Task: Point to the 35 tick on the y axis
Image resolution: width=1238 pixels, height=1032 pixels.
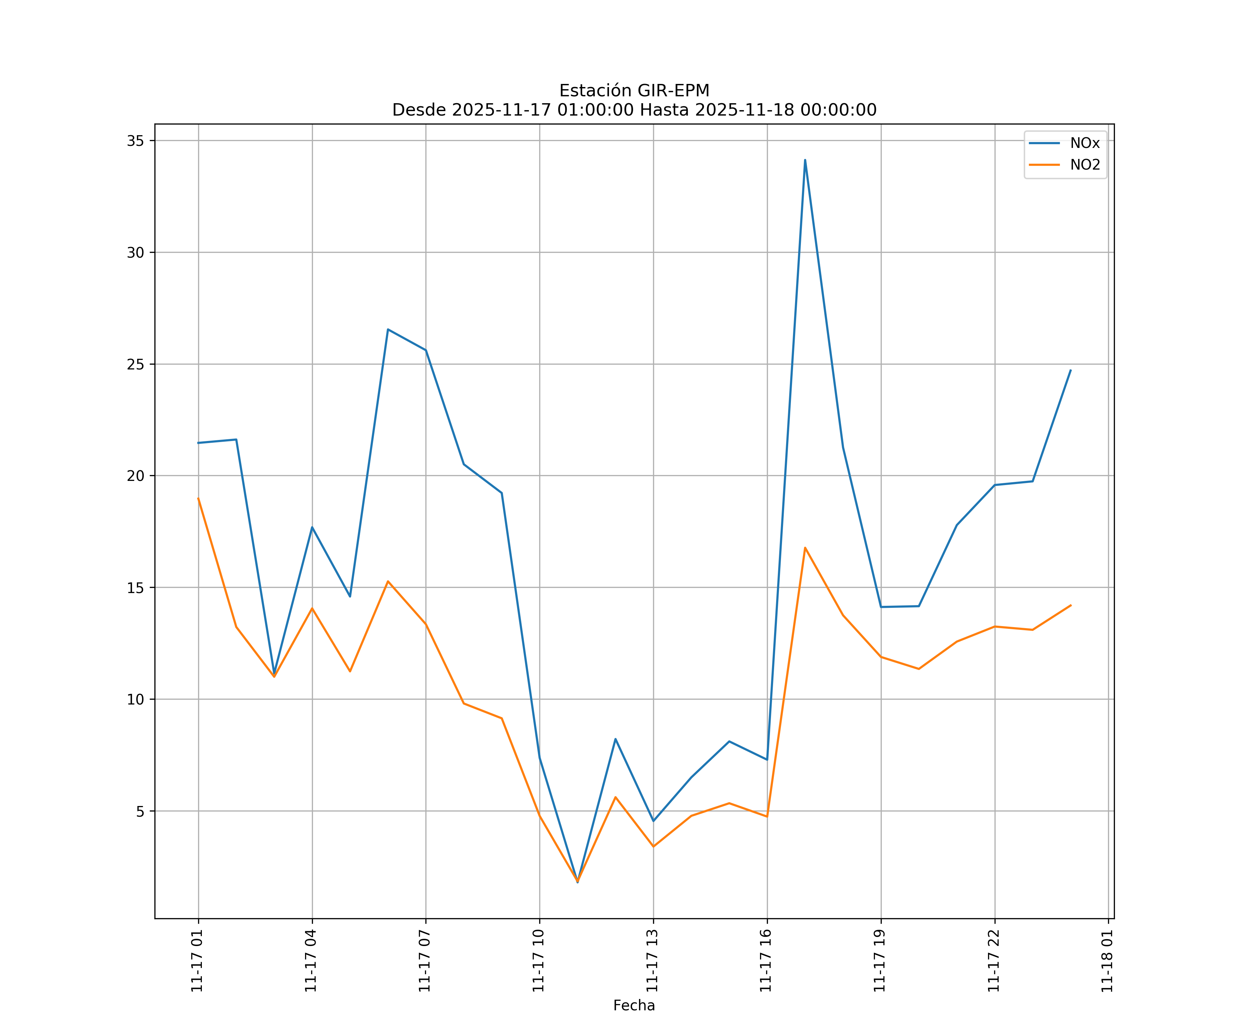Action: point(135,140)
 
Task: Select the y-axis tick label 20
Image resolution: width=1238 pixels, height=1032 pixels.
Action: point(135,476)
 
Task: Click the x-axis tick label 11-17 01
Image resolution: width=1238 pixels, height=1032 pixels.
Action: point(197,961)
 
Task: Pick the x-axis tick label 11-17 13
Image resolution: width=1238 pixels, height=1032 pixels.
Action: point(653,961)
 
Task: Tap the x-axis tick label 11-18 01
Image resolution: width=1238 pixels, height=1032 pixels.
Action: point(1108,961)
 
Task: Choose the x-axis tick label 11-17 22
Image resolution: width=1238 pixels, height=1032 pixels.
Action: point(994,961)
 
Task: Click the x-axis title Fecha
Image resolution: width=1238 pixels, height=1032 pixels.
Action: point(634,1006)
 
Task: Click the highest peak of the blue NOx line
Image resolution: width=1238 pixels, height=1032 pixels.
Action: point(805,160)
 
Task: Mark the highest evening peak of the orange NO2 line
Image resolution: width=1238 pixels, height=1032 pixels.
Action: point(805,548)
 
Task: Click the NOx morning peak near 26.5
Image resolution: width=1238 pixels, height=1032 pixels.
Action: point(388,329)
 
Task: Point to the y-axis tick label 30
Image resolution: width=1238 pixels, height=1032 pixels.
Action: point(135,252)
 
